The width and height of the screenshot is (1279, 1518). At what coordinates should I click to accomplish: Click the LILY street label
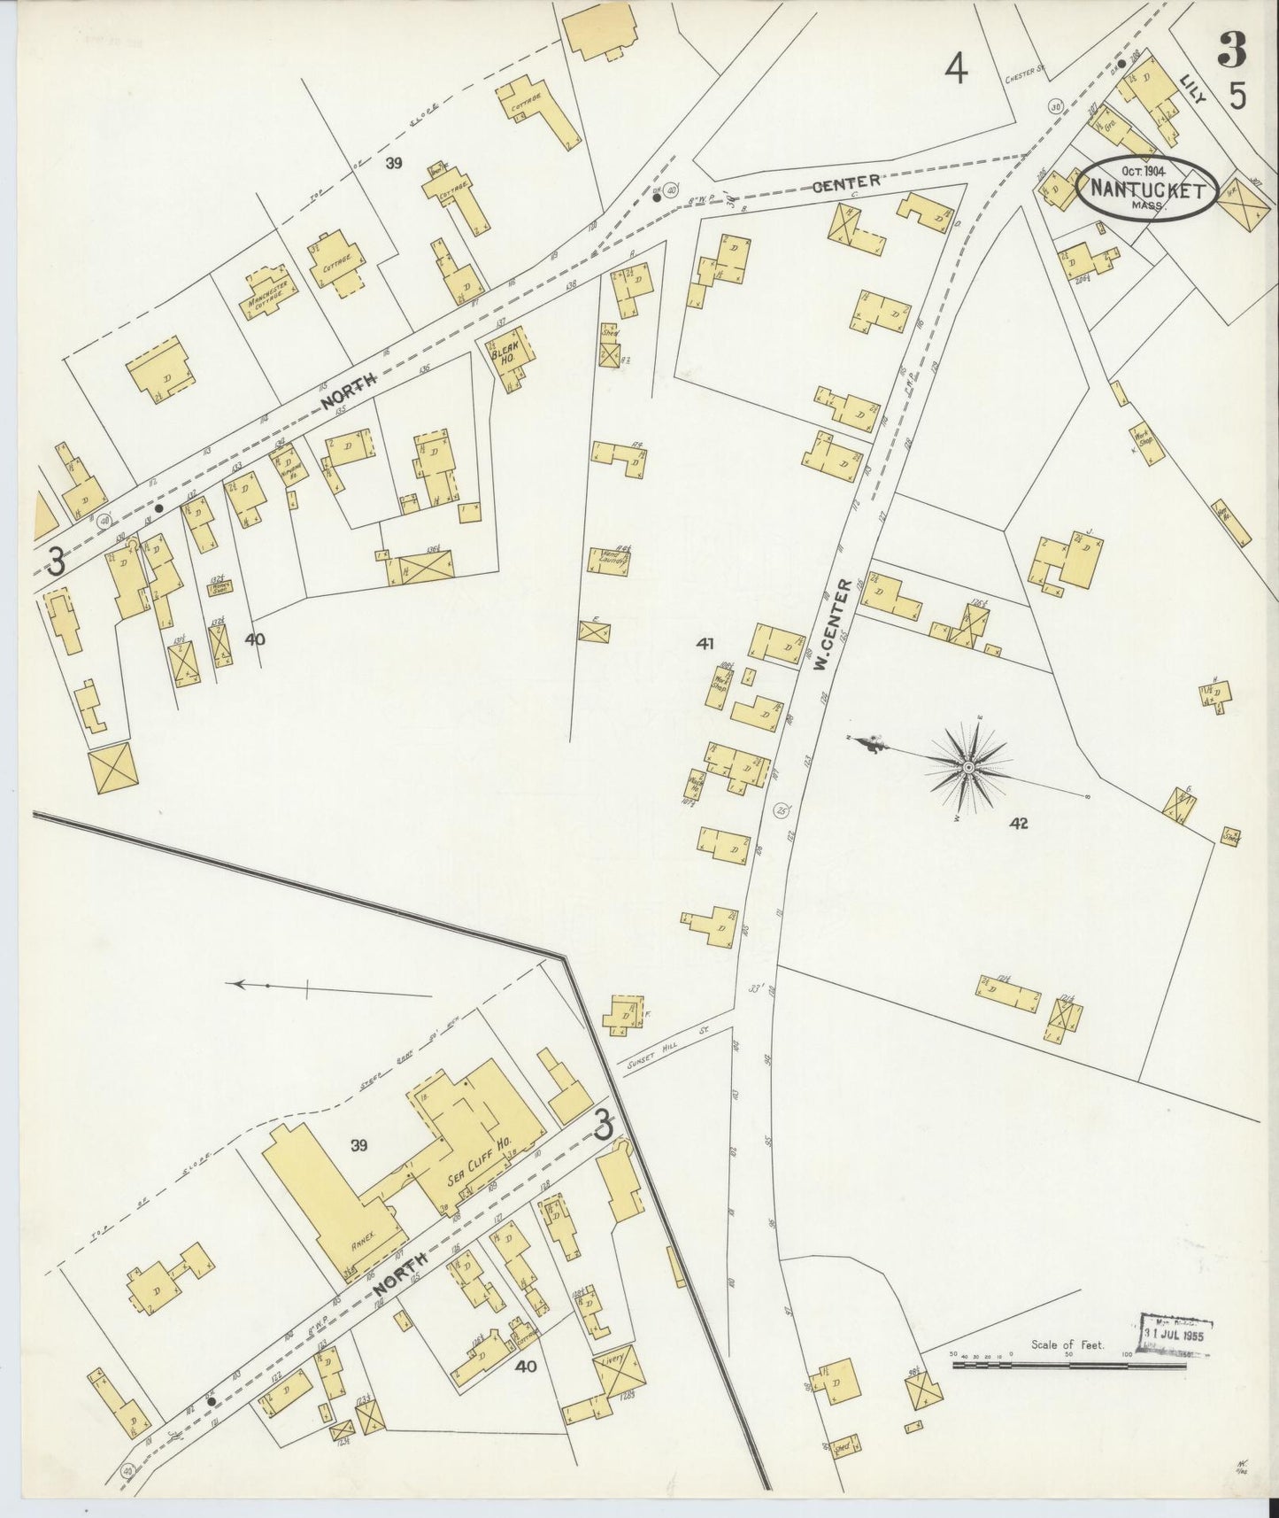(1191, 91)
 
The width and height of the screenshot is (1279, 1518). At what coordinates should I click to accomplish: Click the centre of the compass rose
(969, 767)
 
